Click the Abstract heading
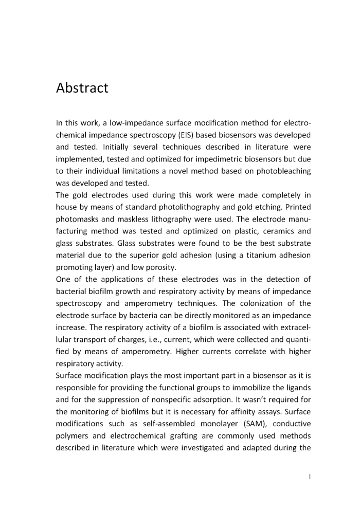pos(82,88)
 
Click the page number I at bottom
pos(310,477)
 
